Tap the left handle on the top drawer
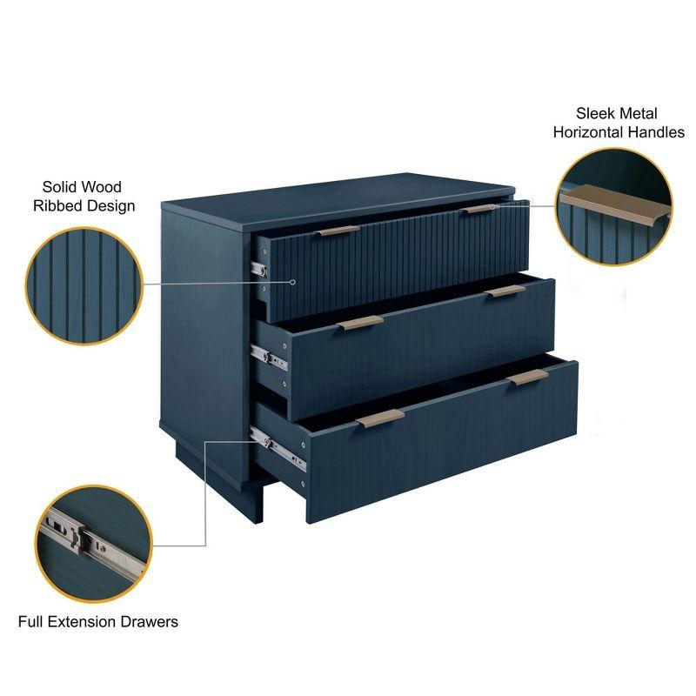coord(338,231)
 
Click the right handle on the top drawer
coord(478,209)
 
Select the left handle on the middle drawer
coord(361,323)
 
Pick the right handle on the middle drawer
coord(505,291)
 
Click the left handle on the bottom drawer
coord(380,418)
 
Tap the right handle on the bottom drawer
coord(528,377)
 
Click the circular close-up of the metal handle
coord(614,206)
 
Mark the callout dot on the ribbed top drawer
coord(294,282)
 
